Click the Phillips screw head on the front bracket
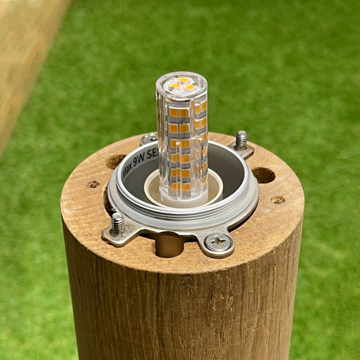[x=218, y=243]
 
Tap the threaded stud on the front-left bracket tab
[x=118, y=223]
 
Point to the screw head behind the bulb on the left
[x=149, y=139]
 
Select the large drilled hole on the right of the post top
[x=263, y=175]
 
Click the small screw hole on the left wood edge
[x=93, y=184]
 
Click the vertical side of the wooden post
[x=180, y=306]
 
